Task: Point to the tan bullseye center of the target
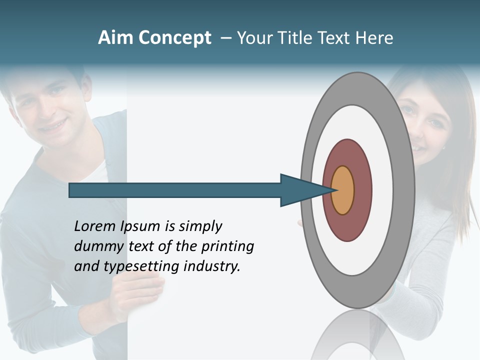point(342,190)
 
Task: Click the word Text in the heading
point(335,38)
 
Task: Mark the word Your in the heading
point(253,38)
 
